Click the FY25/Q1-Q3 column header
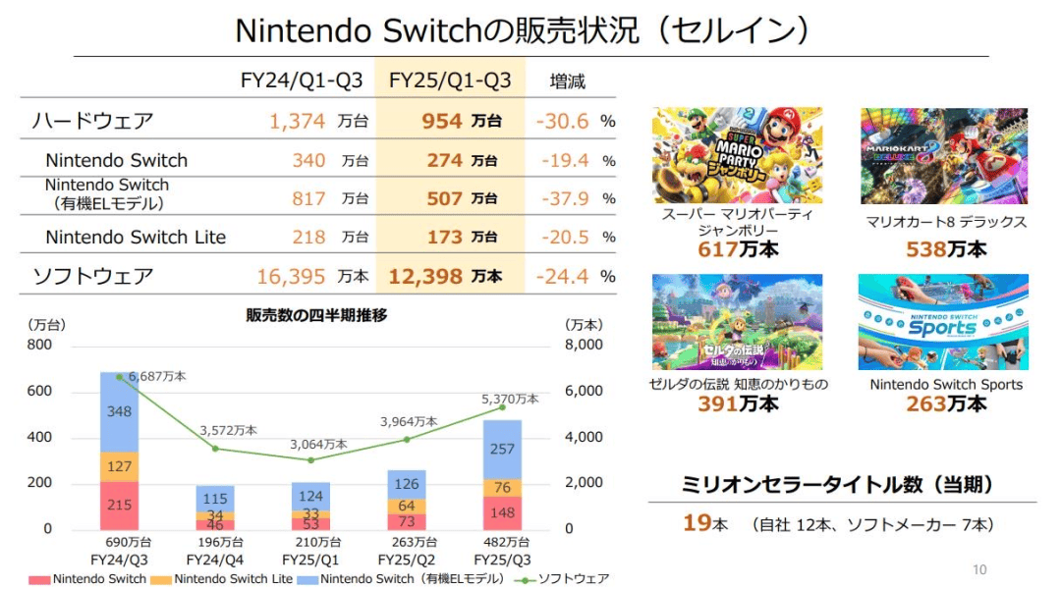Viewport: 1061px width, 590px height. click(x=450, y=80)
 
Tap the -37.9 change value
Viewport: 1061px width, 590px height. click(x=563, y=198)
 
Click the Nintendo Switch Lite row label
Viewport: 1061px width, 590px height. click(x=136, y=237)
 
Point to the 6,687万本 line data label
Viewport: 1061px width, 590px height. click(x=156, y=376)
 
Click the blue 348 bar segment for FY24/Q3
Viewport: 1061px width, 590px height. click(x=120, y=411)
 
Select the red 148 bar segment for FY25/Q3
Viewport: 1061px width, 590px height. click(x=501, y=512)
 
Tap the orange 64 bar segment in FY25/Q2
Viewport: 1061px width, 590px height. click(x=407, y=507)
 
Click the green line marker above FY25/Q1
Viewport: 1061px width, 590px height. click(x=310, y=459)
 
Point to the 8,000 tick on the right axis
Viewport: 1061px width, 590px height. click(x=584, y=346)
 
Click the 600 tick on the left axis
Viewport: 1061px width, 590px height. click(x=39, y=392)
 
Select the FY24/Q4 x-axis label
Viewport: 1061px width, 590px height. click(x=214, y=558)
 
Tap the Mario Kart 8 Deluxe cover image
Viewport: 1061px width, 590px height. click(x=943, y=156)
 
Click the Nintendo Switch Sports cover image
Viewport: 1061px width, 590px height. click(x=943, y=322)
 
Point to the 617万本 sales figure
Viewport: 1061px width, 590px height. click(x=738, y=249)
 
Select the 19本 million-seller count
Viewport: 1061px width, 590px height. click(x=704, y=523)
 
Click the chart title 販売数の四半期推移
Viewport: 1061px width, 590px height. click(x=316, y=315)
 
